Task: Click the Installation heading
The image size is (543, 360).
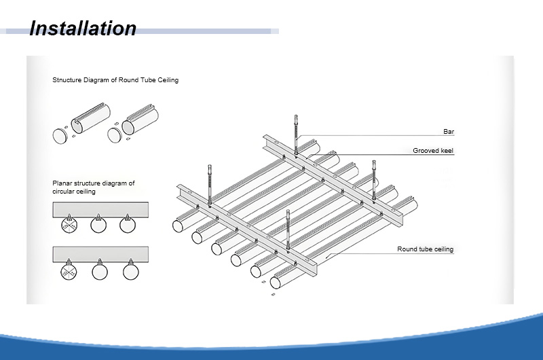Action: click(83, 28)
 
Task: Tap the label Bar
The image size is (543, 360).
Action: click(449, 132)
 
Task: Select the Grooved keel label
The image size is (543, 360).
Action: click(433, 150)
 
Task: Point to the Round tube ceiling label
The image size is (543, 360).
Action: click(426, 249)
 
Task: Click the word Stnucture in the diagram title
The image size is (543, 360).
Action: click(67, 80)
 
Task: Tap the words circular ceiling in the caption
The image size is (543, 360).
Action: click(74, 192)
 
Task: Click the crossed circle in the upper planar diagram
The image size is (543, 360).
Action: click(69, 225)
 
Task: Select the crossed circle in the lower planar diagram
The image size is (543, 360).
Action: click(69, 272)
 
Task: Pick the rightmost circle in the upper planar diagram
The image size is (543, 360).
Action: click(128, 225)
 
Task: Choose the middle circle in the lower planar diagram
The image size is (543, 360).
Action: click(100, 272)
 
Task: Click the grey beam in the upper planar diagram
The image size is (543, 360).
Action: click(100, 210)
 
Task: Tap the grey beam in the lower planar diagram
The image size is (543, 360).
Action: click(100, 254)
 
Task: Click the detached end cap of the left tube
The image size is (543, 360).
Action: click(60, 136)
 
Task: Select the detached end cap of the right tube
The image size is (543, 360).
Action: click(114, 135)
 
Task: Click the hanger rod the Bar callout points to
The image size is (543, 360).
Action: click(296, 134)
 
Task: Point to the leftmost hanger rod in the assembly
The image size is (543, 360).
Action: click(210, 185)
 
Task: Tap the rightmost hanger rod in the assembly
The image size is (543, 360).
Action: click(374, 180)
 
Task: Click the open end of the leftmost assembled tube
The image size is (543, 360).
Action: click(178, 226)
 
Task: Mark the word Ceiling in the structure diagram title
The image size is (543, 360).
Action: click(168, 80)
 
